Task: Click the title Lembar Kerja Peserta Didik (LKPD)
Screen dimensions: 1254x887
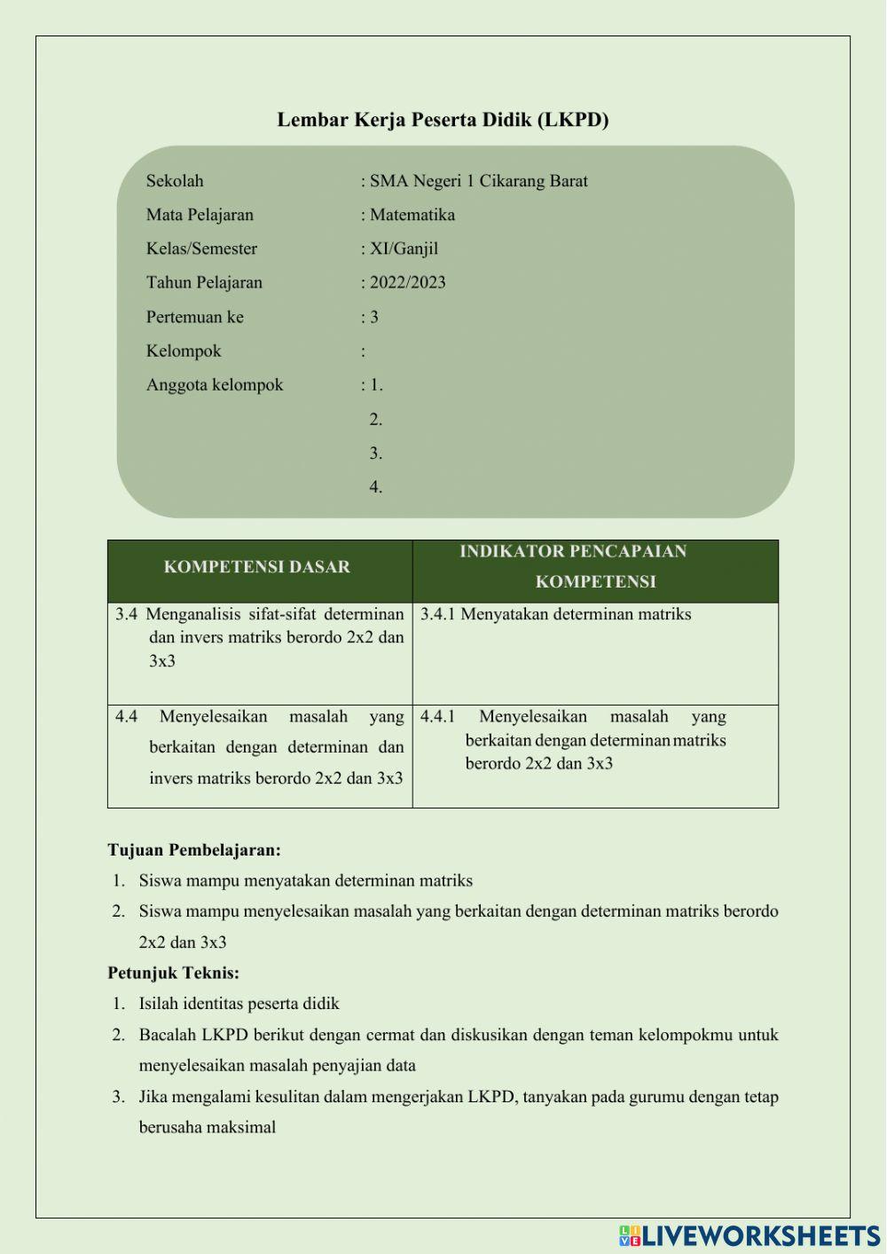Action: point(443,120)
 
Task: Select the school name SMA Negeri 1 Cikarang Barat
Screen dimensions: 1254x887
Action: point(478,181)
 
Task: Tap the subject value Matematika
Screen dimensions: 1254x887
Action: point(412,215)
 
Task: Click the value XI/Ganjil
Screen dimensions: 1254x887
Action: point(404,248)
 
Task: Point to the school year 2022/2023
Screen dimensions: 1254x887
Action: point(407,283)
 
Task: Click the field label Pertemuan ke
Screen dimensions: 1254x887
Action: point(194,317)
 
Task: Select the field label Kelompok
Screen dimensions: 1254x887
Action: point(184,351)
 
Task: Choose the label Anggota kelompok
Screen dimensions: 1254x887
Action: point(215,385)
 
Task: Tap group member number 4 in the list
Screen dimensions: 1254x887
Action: point(376,487)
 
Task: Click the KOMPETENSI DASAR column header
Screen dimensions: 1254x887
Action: point(257,567)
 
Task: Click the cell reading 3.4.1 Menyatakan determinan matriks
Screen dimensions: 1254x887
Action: point(556,614)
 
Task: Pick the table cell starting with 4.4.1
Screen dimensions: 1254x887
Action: point(573,740)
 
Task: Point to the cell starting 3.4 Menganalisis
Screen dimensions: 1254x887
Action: point(260,637)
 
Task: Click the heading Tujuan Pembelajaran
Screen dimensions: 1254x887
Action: point(194,850)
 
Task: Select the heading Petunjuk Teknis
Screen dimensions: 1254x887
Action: point(174,973)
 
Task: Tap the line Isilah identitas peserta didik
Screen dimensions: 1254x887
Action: point(239,1004)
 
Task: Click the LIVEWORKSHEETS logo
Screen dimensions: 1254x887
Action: point(750,1235)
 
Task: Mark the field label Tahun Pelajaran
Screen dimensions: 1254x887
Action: point(204,283)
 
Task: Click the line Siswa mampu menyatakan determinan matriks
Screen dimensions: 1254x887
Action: point(305,880)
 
